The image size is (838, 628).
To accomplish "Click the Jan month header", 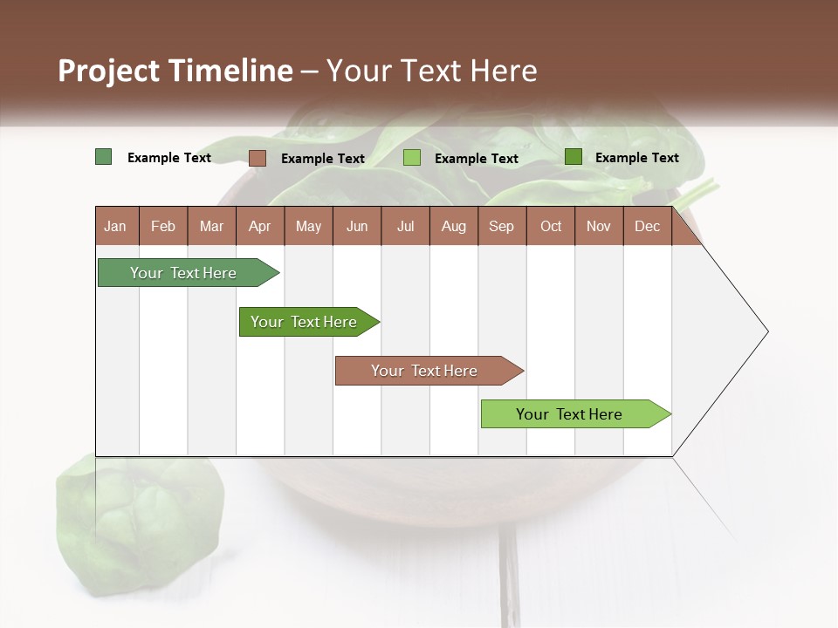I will [x=115, y=226].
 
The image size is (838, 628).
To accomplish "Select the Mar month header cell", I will [x=211, y=226].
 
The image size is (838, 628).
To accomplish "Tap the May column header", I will [x=308, y=226].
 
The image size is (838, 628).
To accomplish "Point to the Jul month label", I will [x=405, y=226].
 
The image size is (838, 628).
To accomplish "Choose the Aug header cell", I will [x=453, y=226].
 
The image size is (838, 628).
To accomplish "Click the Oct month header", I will [x=550, y=226].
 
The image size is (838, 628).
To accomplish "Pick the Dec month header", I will [x=647, y=226].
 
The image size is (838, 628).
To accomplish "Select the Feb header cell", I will [x=163, y=226].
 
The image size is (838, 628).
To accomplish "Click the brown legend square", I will [x=257, y=158].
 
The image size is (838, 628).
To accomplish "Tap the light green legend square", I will [x=412, y=158].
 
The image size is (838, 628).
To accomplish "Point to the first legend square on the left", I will [x=103, y=157].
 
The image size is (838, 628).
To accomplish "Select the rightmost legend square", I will [x=573, y=157].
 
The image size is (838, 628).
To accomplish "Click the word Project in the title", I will [x=108, y=71].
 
